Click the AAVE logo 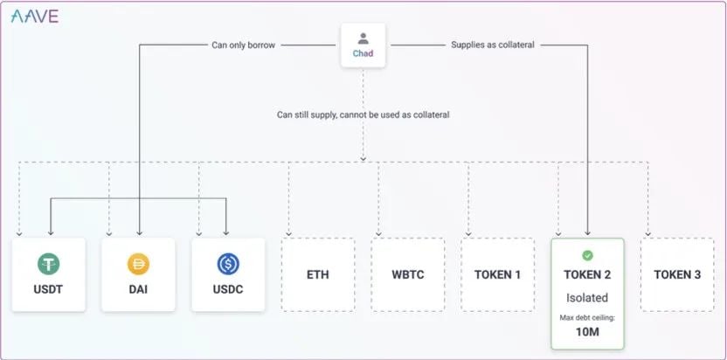pyautogui.click(x=35, y=17)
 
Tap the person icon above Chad pyautogui.click(x=363, y=38)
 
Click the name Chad pyautogui.click(x=363, y=53)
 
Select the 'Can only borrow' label pyautogui.click(x=244, y=45)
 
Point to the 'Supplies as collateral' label pyautogui.click(x=493, y=45)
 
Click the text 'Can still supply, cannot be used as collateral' pyautogui.click(x=363, y=114)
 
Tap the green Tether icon pyautogui.click(x=49, y=264)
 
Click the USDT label pyautogui.click(x=48, y=290)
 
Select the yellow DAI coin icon pyautogui.click(x=138, y=264)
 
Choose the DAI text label pyautogui.click(x=138, y=290)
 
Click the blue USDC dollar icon pyautogui.click(x=228, y=264)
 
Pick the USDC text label pyautogui.click(x=228, y=290)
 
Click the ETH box pyautogui.click(x=318, y=274)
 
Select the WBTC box pyautogui.click(x=408, y=274)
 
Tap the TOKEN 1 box pyautogui.click(x=497, y=274)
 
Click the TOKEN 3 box pyautogui.click(x=677, y=274)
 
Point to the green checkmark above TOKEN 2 pyautogui.click(x=587, y=256)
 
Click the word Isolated pyautogui.click(x=587, y=298)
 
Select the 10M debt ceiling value pyautogui.click(x=587, y=332)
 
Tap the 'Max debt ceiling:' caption pyautogui.click(x=587, y=318)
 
